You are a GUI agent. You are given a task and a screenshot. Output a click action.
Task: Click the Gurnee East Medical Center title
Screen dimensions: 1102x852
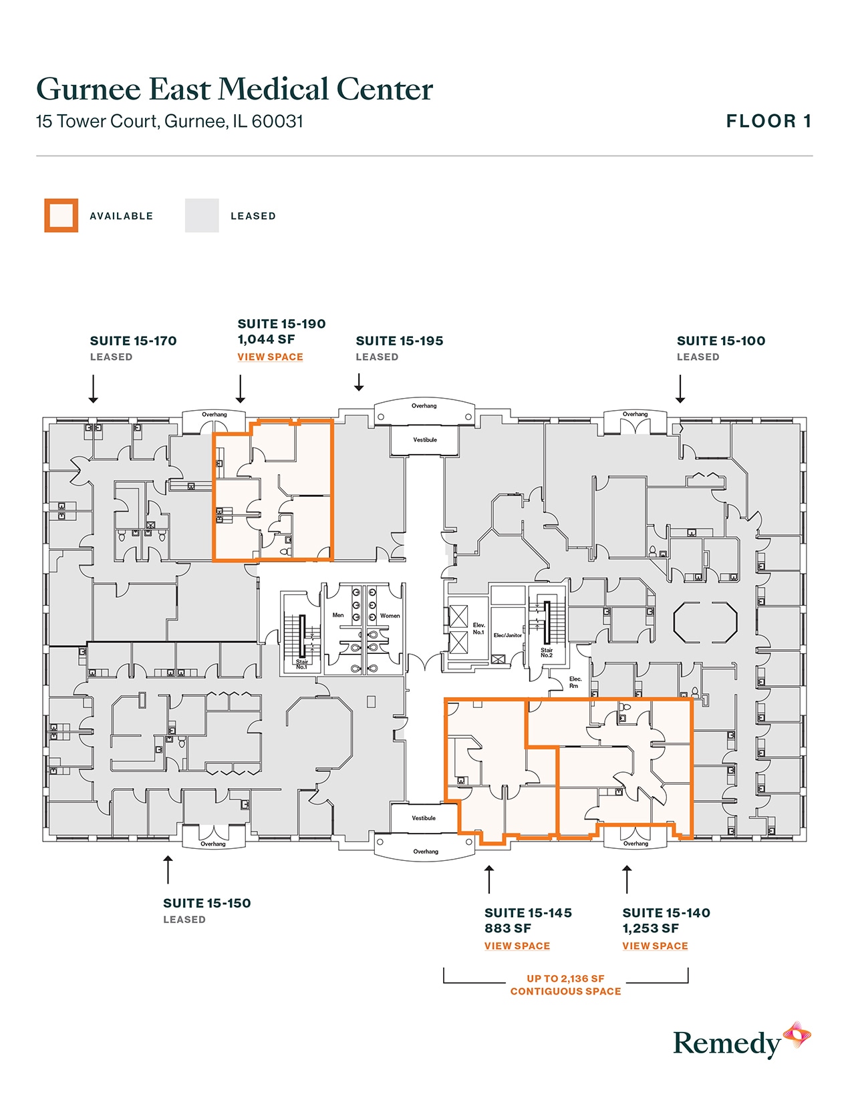235,89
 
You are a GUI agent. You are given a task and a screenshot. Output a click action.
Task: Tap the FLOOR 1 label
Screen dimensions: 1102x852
768,121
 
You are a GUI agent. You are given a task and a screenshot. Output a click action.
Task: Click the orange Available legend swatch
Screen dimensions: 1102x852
61,216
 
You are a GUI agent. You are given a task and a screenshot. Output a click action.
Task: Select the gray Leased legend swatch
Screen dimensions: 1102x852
202,216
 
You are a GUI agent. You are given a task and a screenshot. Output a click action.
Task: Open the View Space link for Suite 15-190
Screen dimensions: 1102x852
270,357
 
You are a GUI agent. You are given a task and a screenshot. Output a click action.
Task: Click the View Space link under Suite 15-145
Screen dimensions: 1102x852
517,946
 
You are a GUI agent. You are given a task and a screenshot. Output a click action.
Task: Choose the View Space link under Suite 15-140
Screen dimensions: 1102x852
655,946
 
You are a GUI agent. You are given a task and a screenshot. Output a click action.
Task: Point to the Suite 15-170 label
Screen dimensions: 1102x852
134,341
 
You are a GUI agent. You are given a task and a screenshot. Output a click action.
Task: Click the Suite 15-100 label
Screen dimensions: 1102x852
721,341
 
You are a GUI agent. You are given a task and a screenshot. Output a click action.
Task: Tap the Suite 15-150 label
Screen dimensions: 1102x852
207,903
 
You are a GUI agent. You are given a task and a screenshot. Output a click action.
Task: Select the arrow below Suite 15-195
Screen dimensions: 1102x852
359,383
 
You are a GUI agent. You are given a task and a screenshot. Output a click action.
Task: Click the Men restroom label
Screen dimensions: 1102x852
338,615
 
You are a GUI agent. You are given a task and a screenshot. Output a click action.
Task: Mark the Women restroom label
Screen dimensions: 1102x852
390,616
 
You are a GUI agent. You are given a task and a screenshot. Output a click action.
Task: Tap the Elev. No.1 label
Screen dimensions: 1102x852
478,628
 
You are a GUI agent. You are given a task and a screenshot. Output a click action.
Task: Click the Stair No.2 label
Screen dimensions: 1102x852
547,653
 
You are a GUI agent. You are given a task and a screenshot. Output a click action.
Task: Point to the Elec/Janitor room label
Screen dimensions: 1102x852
508,635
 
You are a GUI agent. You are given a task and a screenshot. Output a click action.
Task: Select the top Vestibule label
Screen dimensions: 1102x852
425,439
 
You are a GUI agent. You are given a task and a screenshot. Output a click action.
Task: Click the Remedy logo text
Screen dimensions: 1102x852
726,1043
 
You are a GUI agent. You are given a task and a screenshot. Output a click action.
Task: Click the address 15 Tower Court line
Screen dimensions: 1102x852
170,122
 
